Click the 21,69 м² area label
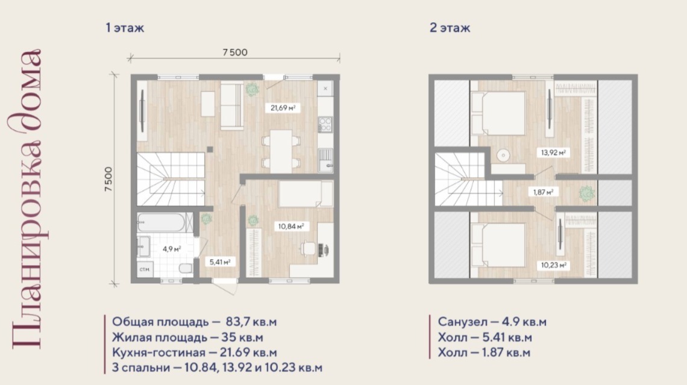pos(283,108)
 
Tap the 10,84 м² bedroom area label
pos(291,227)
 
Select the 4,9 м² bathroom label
pos(172,249)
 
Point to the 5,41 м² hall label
pos(220,262)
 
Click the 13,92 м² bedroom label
pos(553,153)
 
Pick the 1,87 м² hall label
pos(543,192)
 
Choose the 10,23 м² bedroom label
pos(553,266)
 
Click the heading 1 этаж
pos(125,28)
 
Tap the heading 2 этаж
pos(450,28)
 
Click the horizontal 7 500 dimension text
pos(235,52)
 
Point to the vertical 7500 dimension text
pos(108,179)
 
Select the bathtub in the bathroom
pos(165,222)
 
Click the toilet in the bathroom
pos(186,268)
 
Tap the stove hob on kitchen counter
pos(325,124)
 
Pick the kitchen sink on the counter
pos(325,160)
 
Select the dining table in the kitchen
pos(281,152)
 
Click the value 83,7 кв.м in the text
pos(251,322)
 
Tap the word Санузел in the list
pos(463,322)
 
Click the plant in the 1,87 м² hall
pos(586,193)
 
